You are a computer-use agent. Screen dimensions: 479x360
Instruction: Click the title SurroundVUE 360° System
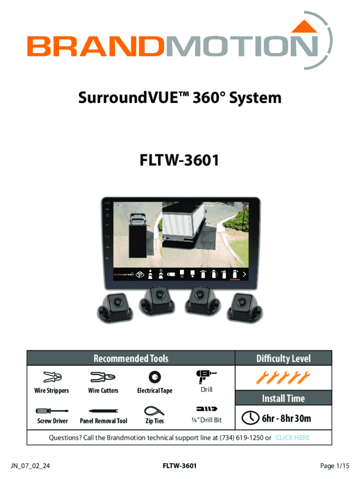click(x=180, y=98)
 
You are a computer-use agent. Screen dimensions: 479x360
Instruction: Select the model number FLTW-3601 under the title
click(x=180, y=161)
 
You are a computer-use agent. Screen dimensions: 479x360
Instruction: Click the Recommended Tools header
click(x=131, y=358)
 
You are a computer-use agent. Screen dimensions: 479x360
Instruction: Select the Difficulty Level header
click(x=283, y=358)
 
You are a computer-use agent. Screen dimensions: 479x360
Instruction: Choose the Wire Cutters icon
click(x=103, y=377)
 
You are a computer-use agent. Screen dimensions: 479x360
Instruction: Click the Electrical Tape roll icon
click(x=154, y=377)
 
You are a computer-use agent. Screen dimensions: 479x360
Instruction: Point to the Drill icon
click(x=206, y=376)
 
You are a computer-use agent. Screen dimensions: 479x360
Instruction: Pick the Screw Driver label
click(x=52, y=421)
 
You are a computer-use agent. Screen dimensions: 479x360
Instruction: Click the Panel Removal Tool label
click(x=103, y=421)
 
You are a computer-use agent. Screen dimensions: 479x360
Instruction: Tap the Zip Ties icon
click(x=154, y=410)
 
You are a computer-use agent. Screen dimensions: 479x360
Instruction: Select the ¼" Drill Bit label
click(x=206, y=420)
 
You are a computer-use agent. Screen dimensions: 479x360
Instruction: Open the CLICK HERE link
click(x=292, y=438)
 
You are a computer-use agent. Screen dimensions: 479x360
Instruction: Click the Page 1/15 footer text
click(x=335, y=466)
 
